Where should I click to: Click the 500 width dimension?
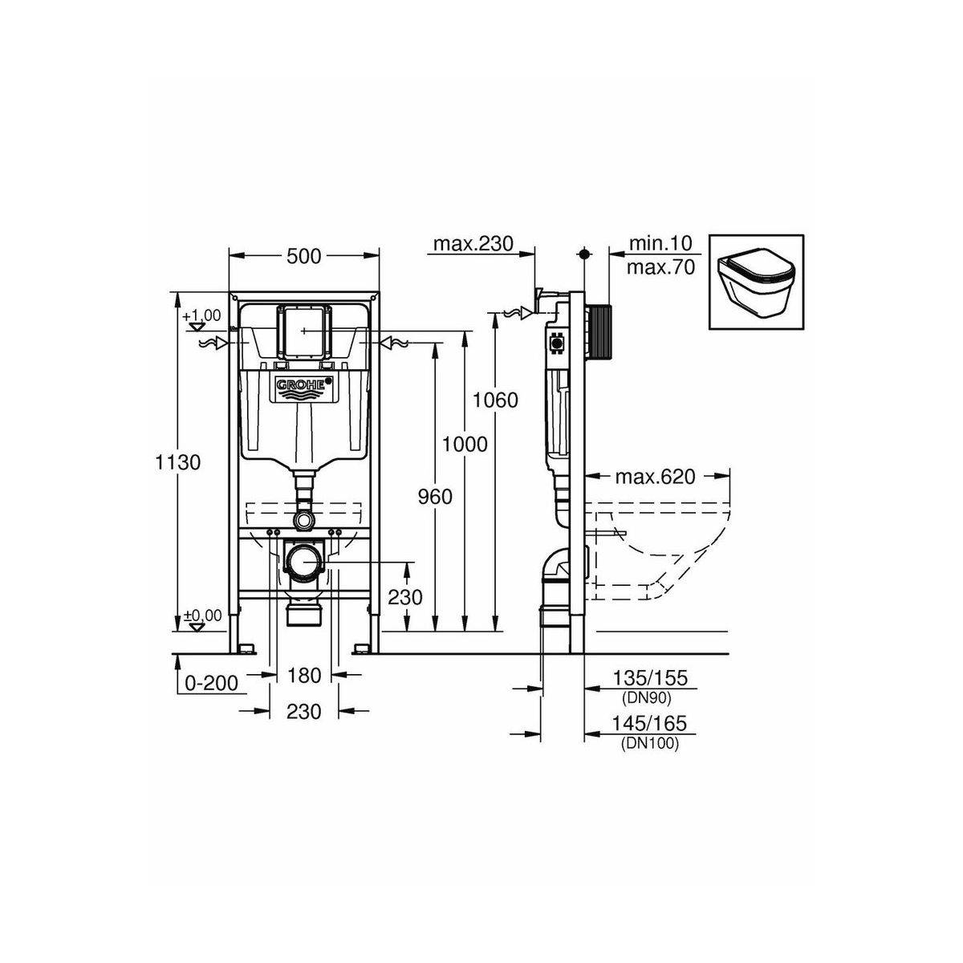(304, 256)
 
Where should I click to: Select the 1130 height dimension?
(178, 463)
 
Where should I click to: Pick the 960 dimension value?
(435, 497)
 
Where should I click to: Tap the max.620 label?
(655, 477)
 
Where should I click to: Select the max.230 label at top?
(473, 244)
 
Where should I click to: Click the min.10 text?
(660, 243)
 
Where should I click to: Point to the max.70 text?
(660, 268)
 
